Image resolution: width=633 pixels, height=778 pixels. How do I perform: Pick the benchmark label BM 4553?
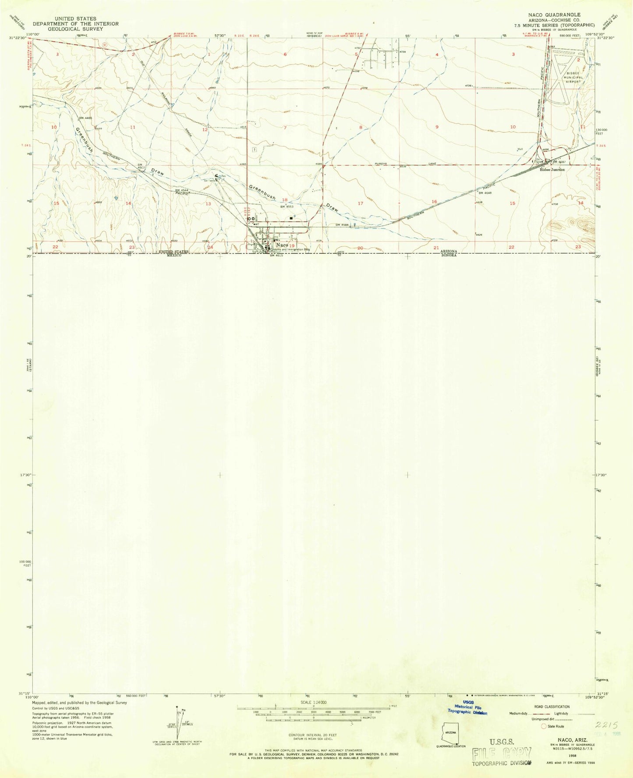tap(286, 206)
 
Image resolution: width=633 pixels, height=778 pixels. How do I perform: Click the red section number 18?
tap(285, 199)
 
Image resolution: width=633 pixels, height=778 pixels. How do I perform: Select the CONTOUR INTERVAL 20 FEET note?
tap(312, 735)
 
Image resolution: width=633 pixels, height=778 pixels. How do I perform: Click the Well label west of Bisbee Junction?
tap(520, 149)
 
